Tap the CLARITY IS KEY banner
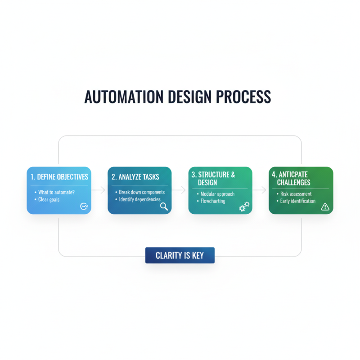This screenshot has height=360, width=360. [180, 256]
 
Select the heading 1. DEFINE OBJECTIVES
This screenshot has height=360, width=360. [59, 177]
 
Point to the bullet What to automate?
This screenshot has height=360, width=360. [57, 192]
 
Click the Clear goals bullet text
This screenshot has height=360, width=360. [49, 199]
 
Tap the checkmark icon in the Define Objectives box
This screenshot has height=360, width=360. [83, 207]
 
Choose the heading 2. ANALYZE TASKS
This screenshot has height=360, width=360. [135, 177]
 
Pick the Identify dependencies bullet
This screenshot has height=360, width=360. [139, 199]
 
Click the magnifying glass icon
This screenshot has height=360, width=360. [164, 207]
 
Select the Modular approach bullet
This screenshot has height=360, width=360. [217, 194]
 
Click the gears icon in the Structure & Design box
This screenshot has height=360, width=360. [244, 207]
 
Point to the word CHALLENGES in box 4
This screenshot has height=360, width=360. [294, 182]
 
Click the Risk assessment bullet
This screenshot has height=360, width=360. [296, 194]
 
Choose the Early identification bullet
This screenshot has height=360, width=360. [298, 201]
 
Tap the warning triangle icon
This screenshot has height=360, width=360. [325, 207]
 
